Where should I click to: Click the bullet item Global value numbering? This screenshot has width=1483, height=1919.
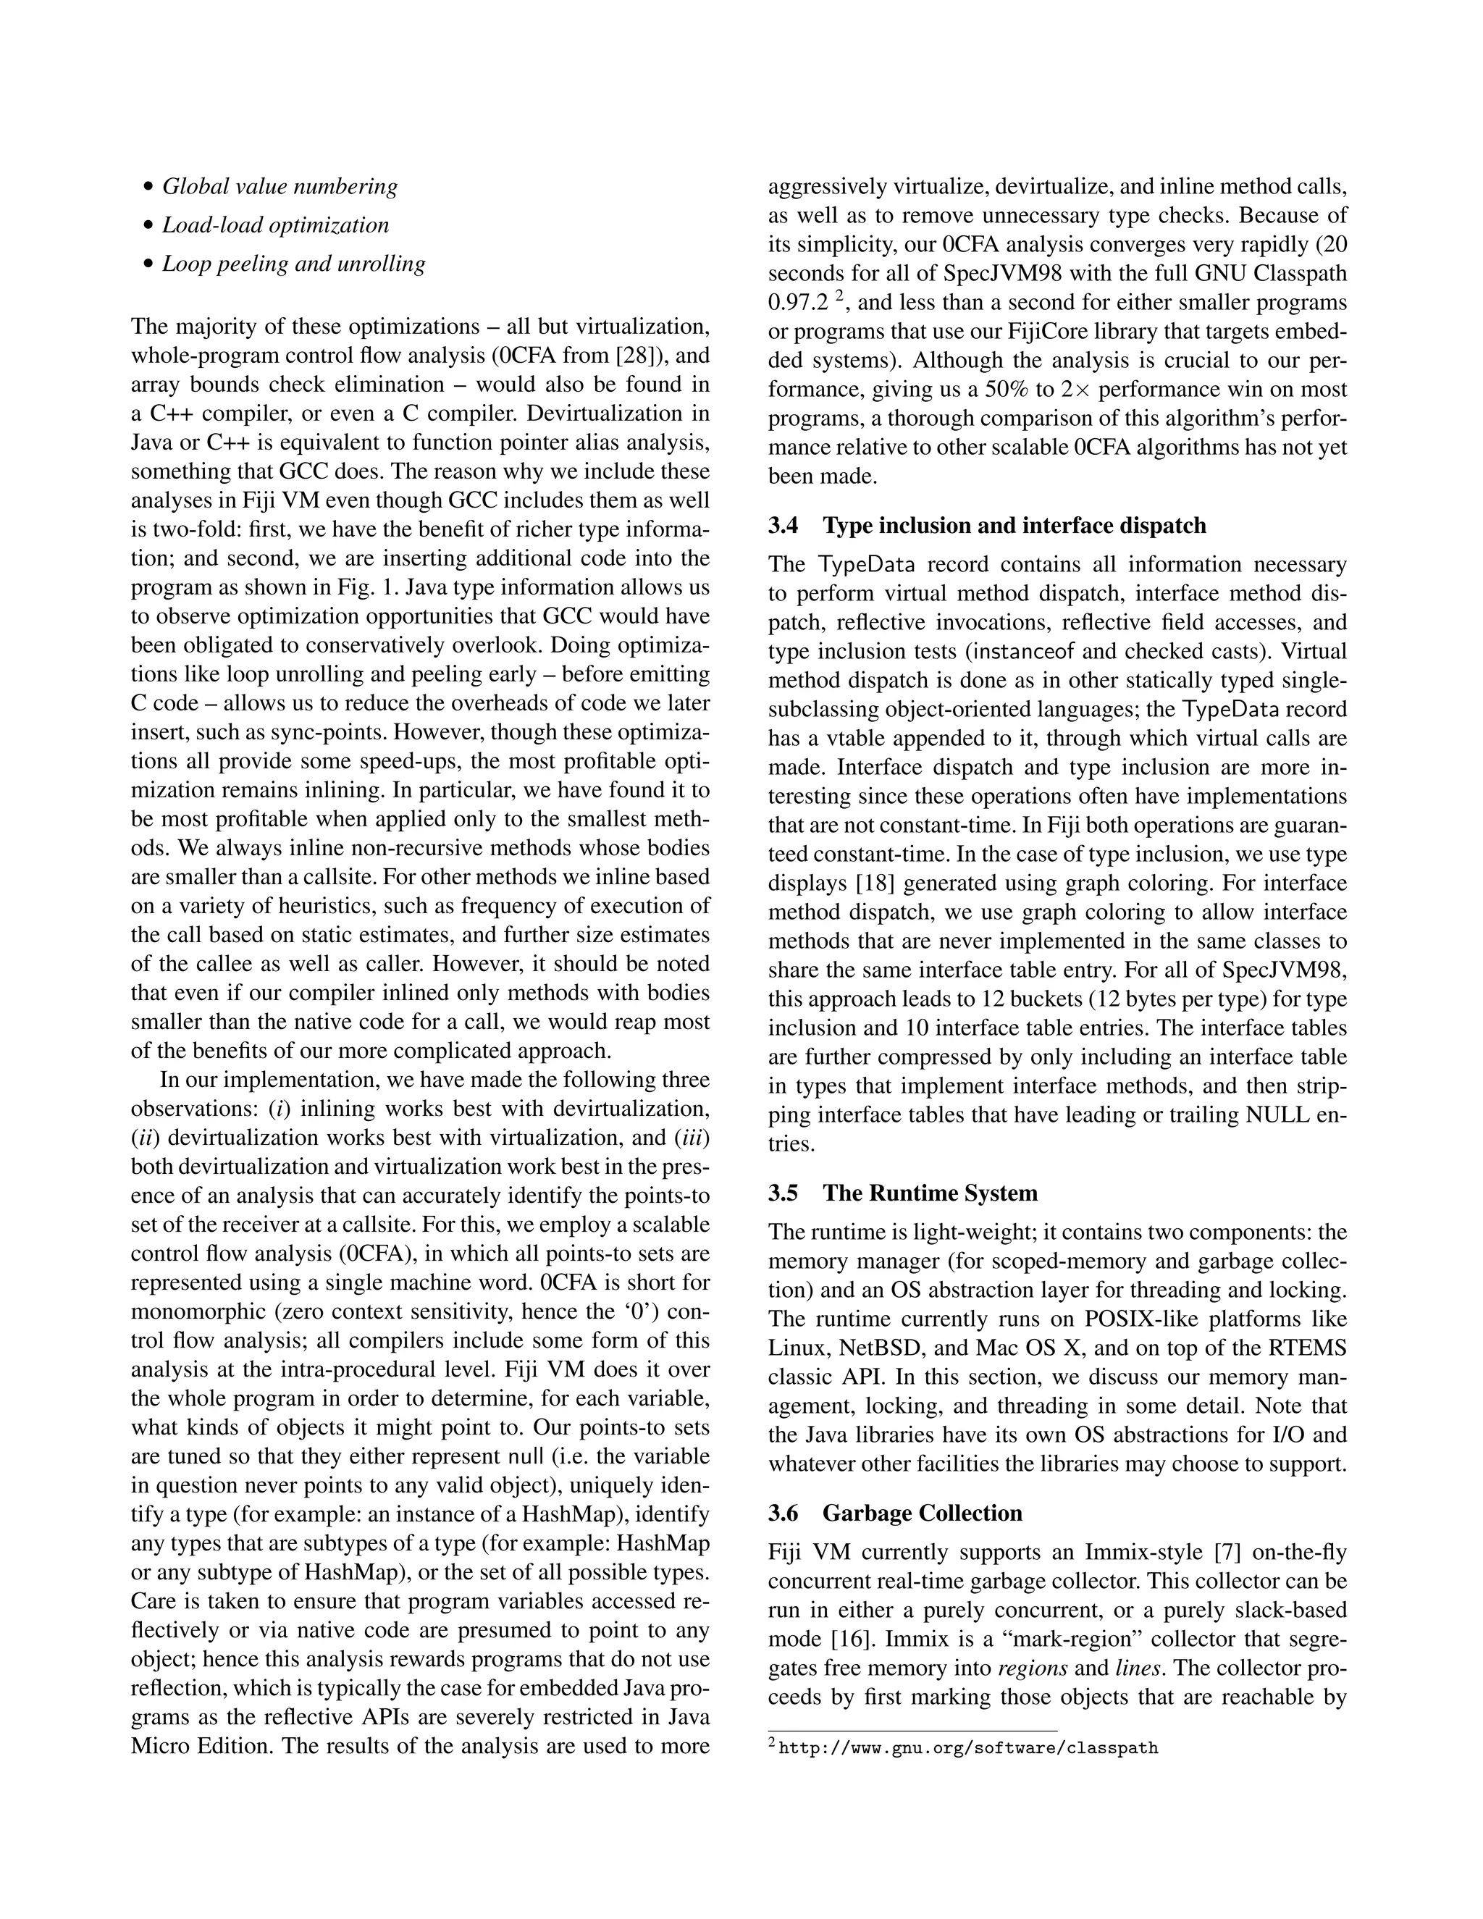click(280, 186)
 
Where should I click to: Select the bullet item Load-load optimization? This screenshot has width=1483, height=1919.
click(275, 225)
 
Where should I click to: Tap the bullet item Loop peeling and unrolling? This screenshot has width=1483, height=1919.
click(293, 264)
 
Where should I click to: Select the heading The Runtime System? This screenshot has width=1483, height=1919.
click(930, 1193)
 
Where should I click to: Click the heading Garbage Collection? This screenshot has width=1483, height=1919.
click(922, 1513)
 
